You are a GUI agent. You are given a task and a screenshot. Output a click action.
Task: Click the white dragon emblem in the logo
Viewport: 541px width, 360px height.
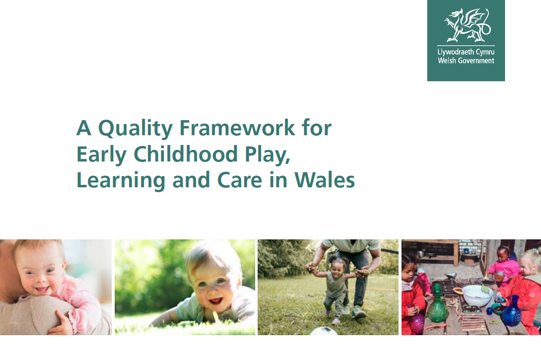tap(466, 25)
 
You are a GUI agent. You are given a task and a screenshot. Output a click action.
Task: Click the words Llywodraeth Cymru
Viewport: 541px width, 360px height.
tap(466, 52)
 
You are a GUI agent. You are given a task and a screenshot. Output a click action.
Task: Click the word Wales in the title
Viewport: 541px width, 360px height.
tap(325, 180)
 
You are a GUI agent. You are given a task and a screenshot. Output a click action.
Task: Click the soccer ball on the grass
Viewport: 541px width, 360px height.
tap(324, 331)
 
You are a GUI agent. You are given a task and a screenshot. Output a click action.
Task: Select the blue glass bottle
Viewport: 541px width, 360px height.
tap(511, 313)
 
